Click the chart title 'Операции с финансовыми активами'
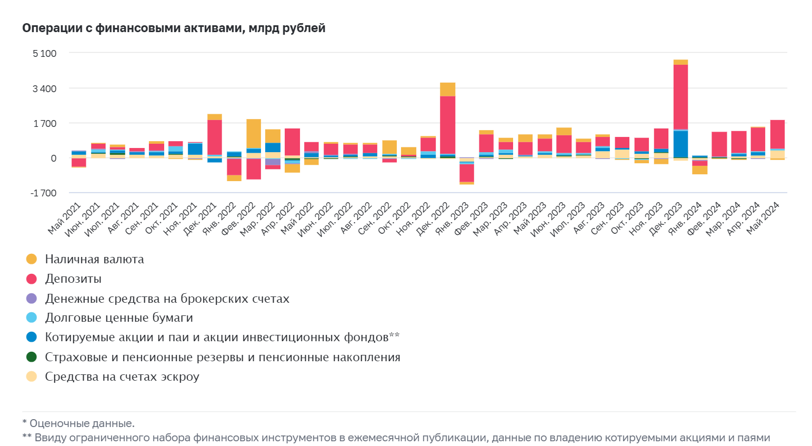174,28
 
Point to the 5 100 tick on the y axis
44,54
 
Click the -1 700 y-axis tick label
43,193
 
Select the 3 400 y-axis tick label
44,88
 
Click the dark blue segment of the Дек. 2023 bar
680,144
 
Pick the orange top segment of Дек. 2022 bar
447,90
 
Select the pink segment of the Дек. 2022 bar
447,124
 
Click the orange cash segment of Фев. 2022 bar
254,134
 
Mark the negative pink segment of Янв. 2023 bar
467,173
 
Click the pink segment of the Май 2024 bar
777,134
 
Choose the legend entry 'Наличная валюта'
94,259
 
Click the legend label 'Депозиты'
80,279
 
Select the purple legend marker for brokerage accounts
32,299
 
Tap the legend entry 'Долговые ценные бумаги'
119,318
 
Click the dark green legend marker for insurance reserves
32,357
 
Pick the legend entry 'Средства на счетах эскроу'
122,376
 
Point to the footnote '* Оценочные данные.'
78,423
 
